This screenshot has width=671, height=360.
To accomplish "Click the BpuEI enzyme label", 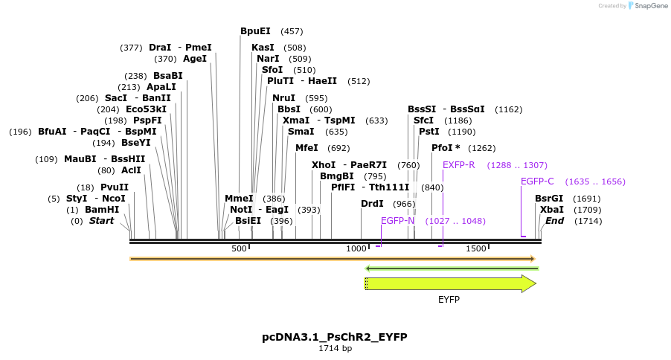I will click(255, 31).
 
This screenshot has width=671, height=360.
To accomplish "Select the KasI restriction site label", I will click(263, 48).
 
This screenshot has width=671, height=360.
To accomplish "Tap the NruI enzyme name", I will click(283, 98).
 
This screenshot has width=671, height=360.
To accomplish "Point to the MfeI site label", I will click(306, 148).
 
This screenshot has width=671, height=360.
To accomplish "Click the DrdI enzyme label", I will click(372, 204).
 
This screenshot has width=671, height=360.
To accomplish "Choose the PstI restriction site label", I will click(429, 132).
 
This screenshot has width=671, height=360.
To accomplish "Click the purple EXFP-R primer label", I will click(458, 165).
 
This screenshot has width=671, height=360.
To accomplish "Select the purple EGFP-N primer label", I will click(397, 221).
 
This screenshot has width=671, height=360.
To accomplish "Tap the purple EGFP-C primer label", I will click(537, 181).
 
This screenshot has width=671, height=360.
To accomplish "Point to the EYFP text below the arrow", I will click(449, 299).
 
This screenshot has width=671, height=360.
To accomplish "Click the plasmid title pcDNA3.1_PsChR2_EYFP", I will click(335, 337).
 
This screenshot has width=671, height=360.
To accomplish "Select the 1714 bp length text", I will click(335, 348).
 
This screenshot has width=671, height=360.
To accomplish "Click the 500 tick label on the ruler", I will click(239, 248).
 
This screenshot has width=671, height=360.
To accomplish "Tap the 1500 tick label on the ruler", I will click(476, 248).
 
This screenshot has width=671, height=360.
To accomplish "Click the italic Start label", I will click(102, 221).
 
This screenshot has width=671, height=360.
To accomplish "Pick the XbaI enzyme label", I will click(552, 210).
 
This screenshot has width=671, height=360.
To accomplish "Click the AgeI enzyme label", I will click(195, 59).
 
